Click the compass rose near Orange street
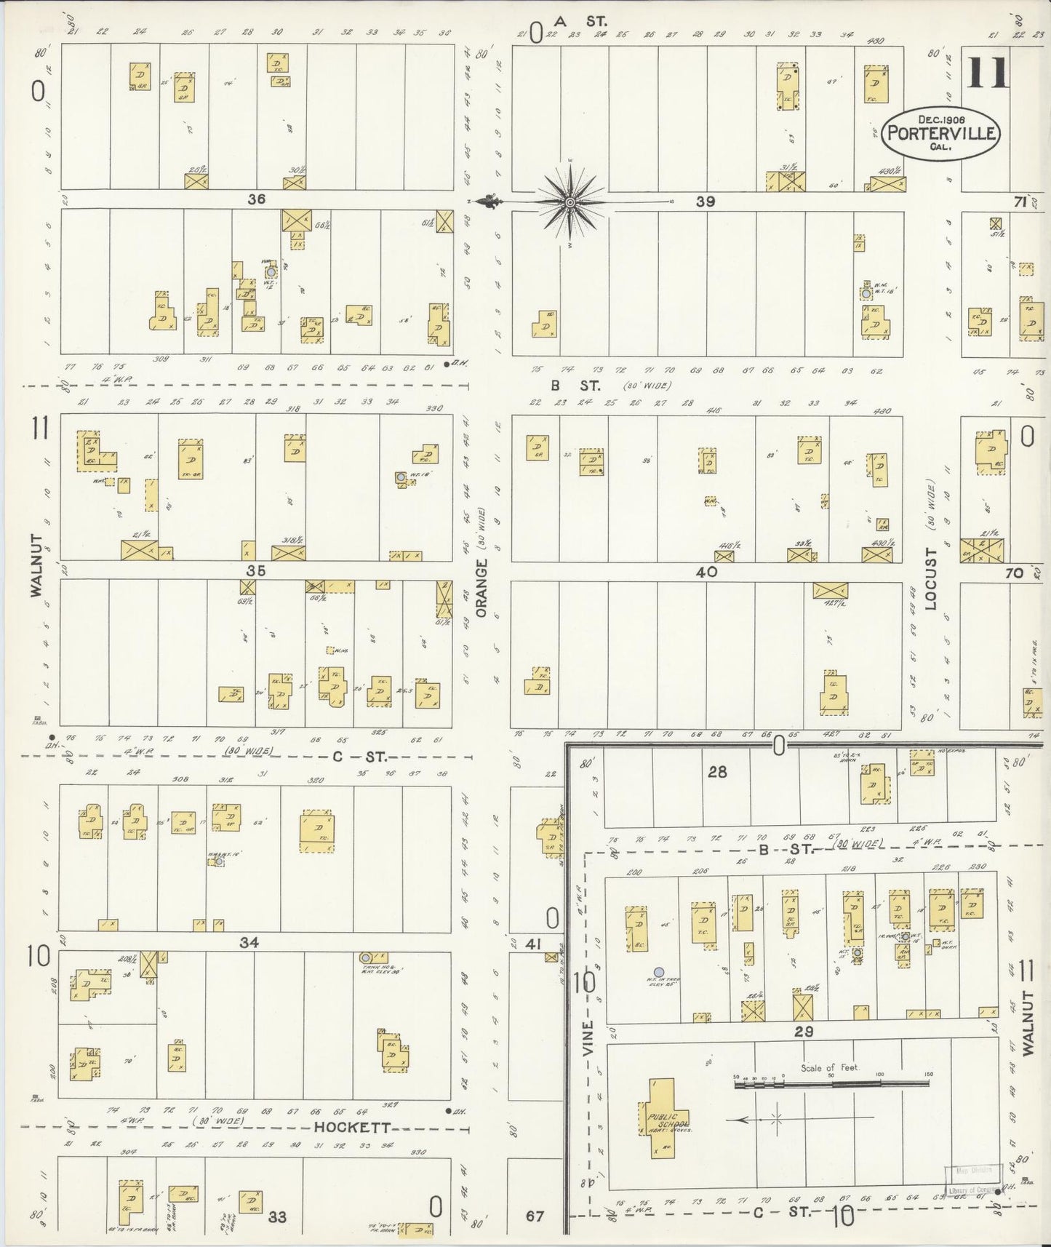pos(570,202)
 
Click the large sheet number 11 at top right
pos(987,73)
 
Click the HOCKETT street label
pos(353,1128)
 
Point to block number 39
pos(705,202)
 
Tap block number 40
pos(706,572)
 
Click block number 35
pos(255,571)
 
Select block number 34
pos(249,943)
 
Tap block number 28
pos(717,772)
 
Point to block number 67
pos(535,1216)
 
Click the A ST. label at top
pos(580,21)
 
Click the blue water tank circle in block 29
pos(658,971)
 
